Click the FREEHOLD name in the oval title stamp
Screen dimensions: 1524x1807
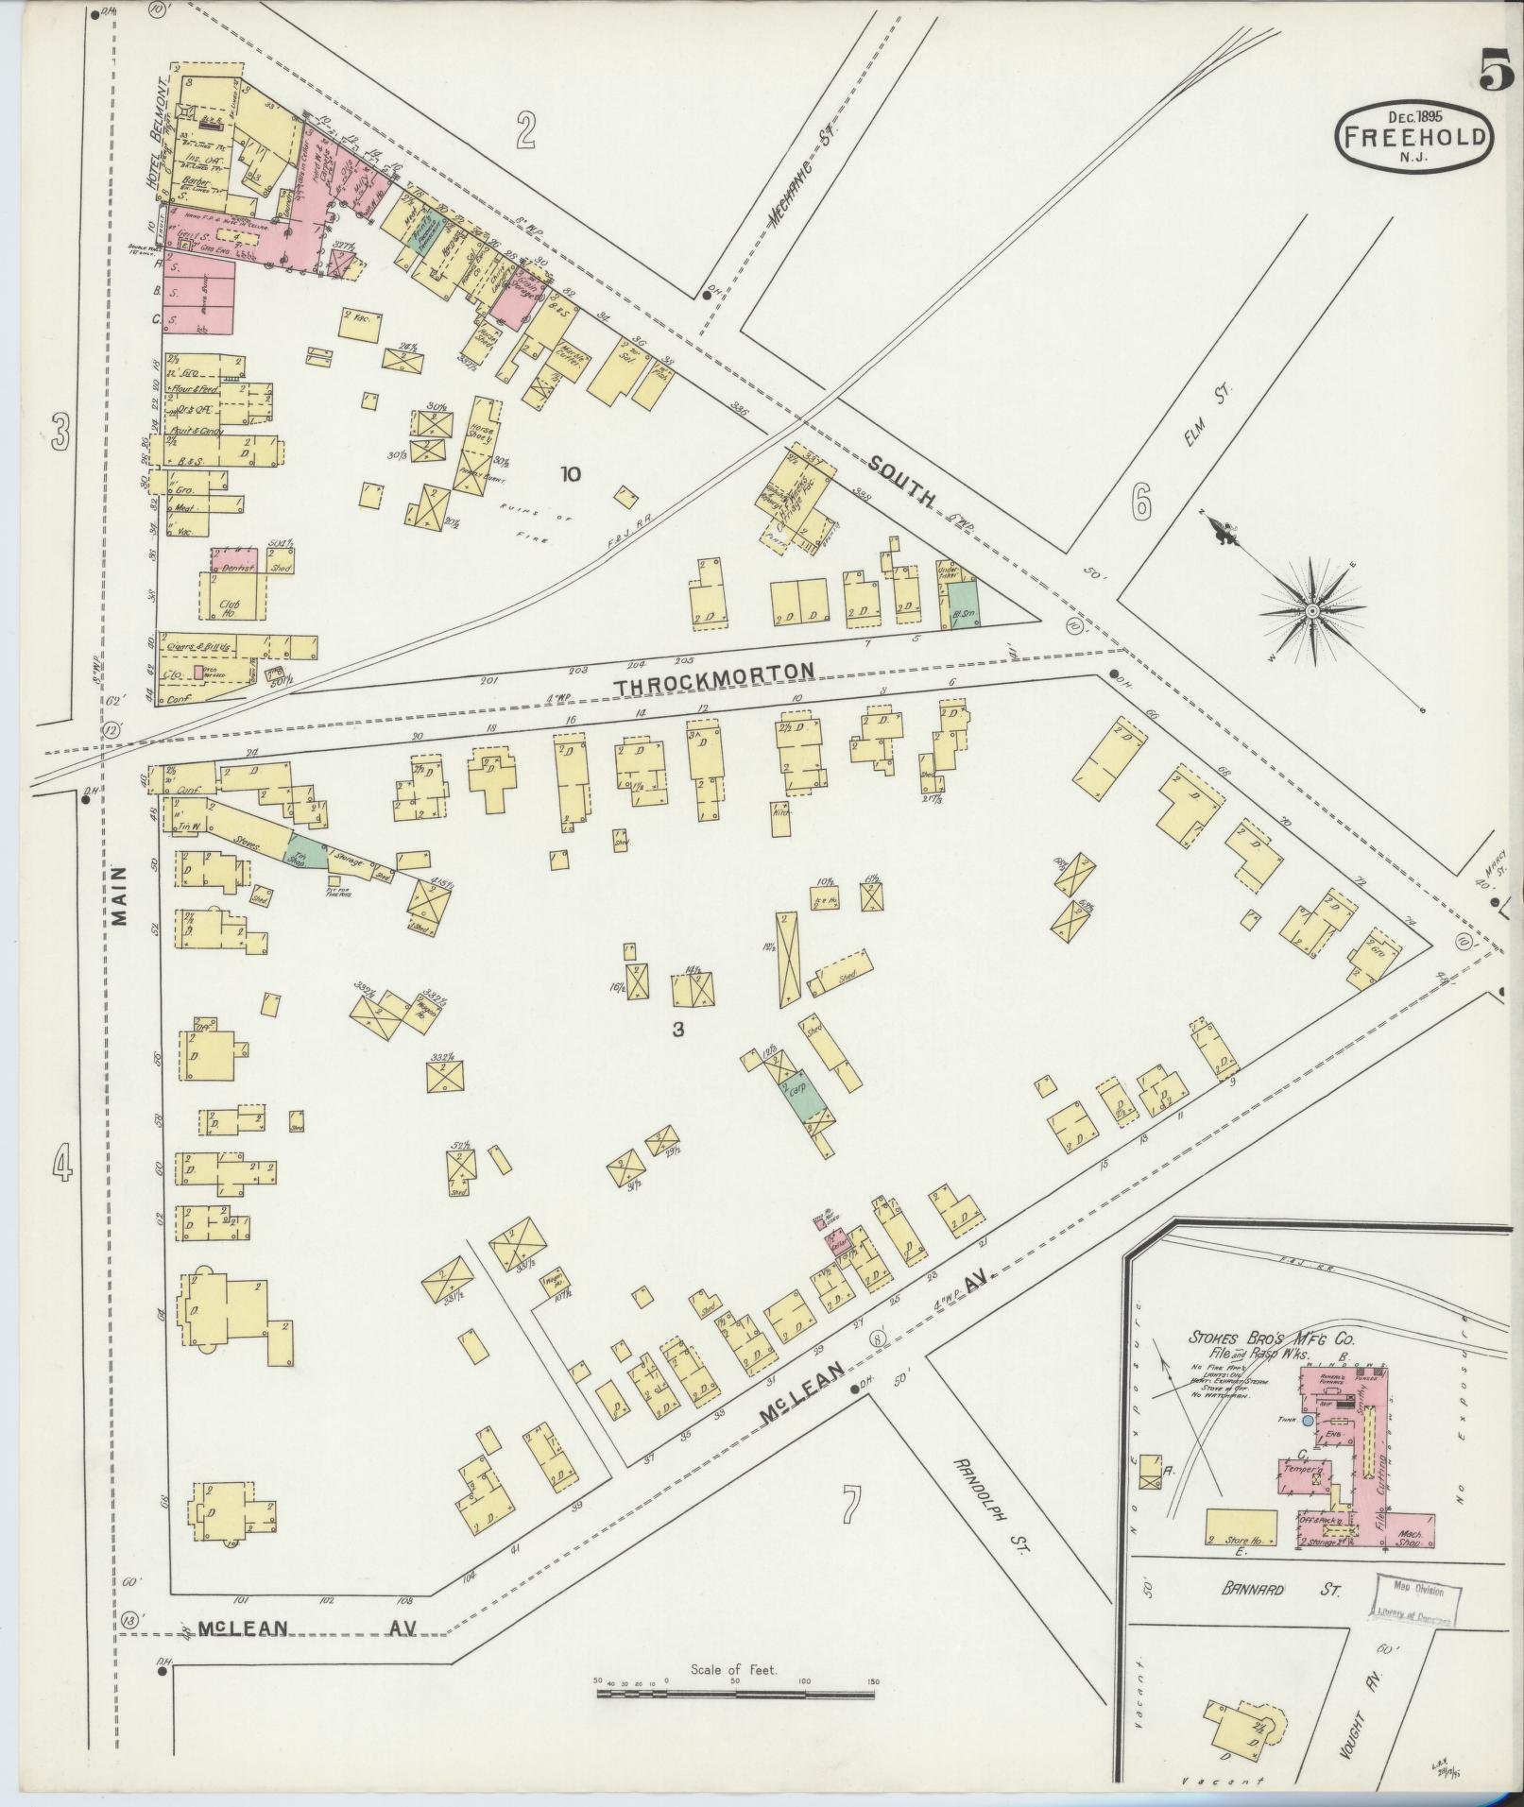(1413, 138)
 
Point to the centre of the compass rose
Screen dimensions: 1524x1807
(1312, 611)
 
